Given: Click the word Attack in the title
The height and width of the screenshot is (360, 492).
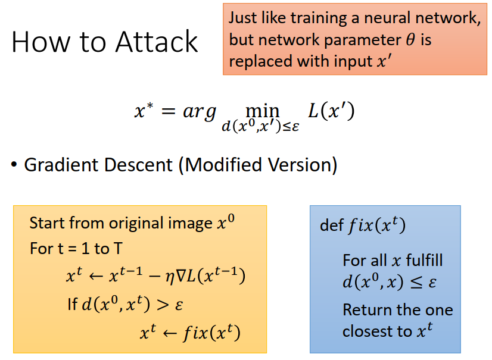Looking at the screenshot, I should (x=157, y=42).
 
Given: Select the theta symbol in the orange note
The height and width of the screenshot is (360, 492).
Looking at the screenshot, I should (x=409, y=40).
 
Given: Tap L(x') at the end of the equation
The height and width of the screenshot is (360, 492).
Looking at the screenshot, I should (x=331, y=111).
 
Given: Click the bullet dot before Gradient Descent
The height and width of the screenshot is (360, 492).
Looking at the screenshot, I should (x=14, y=165).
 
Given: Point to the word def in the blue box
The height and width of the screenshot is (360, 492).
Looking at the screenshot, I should (x=332, y=226).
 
